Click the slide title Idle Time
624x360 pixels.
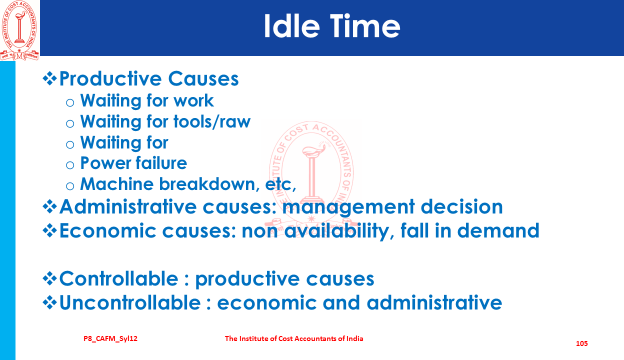pyautogui.click(x=332, y=26)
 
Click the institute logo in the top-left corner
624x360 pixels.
pyautogui.click(x=19, y=30)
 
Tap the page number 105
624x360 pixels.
pyautogui.click(x=581, y=343)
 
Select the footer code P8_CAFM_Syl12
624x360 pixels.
pyautogui.click(x=110, y=338)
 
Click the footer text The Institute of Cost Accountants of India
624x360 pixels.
pyautogui.click(x=294, y=338)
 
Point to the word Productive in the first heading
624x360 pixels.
pyautogui.click(x=110, y=78)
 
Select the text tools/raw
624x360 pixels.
pyautogui.click(x=212, y=122)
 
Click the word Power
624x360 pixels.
pyautogui.click(x=105, y=163)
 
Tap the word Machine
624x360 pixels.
pyautogui.click(x=116, y=184)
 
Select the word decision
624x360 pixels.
pyautogui.click(x=461, y=206)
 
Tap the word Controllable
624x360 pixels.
pyautogui.click(x=118, y=278)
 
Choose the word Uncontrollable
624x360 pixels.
pyautogui.click(x=130, y=302)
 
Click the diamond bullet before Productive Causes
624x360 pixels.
pyautogui.click(x=50, y=79)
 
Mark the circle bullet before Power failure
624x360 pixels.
pyautogui.click(x=70, y=165)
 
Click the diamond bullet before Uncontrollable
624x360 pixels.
pyautogui.click(x=50, y=303)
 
